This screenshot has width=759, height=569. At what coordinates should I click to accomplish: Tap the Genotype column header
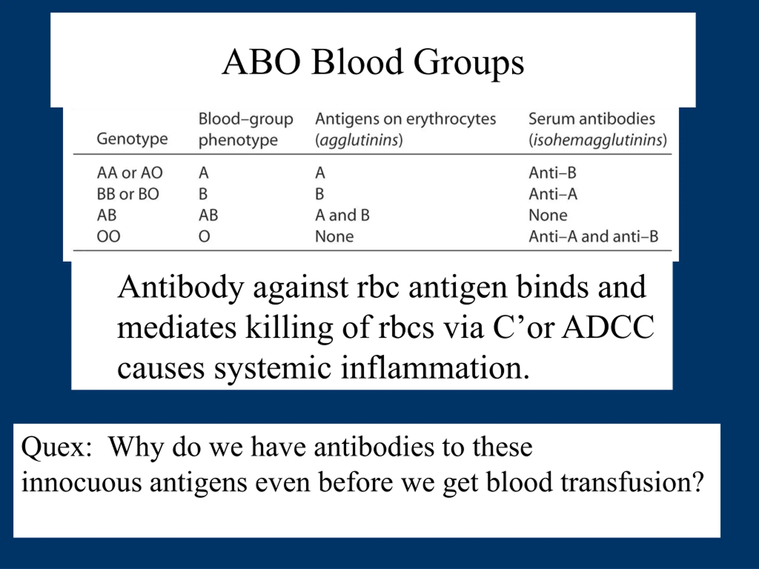click(132, 139)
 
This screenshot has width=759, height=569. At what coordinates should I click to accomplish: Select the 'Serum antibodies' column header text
click(591, 119)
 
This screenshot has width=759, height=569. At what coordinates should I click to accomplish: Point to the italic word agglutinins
click(359, 140)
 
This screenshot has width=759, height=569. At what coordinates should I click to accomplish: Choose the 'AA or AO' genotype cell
click(130, 173)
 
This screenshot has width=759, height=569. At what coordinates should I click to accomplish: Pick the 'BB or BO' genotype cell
click(128, 194)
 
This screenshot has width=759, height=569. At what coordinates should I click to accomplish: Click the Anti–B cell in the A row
click(552, 173)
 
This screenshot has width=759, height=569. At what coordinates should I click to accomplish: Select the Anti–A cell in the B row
click(553, 194)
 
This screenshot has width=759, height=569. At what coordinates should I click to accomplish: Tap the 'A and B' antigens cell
click(342, 215)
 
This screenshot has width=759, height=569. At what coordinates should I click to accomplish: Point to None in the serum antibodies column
click(548, 215)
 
